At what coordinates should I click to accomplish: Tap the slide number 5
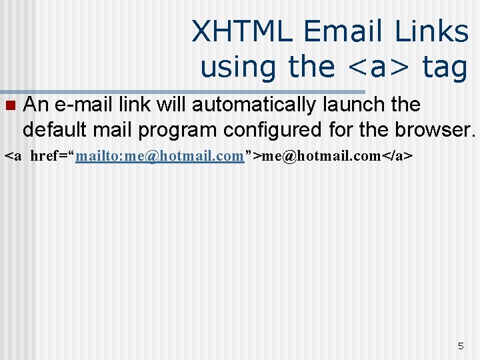point(460,346)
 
